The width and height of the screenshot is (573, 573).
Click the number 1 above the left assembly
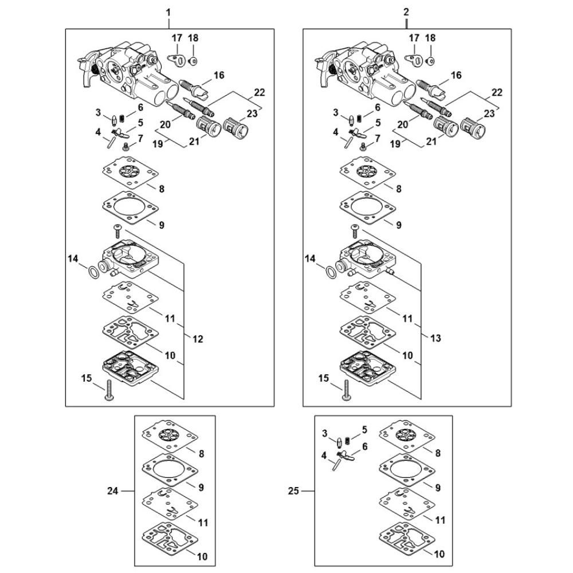pos(168,11)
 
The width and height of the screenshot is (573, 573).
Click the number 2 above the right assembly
pos(406,11)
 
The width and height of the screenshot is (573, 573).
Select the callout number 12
pos(197,339)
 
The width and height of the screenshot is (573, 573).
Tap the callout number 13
pos(435,338)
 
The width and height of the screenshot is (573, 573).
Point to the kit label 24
pos(113,490)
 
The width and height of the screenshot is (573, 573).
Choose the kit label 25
pos(294,491)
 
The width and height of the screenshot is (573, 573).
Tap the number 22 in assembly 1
pos(260,93)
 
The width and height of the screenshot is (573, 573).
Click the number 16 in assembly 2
pos(456,75)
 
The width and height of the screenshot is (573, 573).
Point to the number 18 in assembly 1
pos(193,38)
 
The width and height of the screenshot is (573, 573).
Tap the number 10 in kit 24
pos(202,556)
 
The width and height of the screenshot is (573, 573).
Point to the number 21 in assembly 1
pos(194,138)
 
